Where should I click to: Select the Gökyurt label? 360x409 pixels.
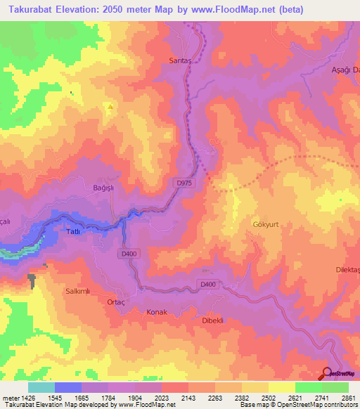coord(266,225)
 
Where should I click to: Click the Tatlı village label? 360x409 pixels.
coord(74,231)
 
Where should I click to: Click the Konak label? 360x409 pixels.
coord(156,311)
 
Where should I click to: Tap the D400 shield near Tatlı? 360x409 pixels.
coord(129,254)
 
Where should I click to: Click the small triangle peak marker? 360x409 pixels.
coord(110,107)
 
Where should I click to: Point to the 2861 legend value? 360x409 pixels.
coord(349,397)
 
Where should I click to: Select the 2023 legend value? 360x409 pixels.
coord(161,397)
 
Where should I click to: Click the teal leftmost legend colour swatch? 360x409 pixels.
coord(41,387)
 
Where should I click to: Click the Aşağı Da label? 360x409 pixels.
coord(345,70)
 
